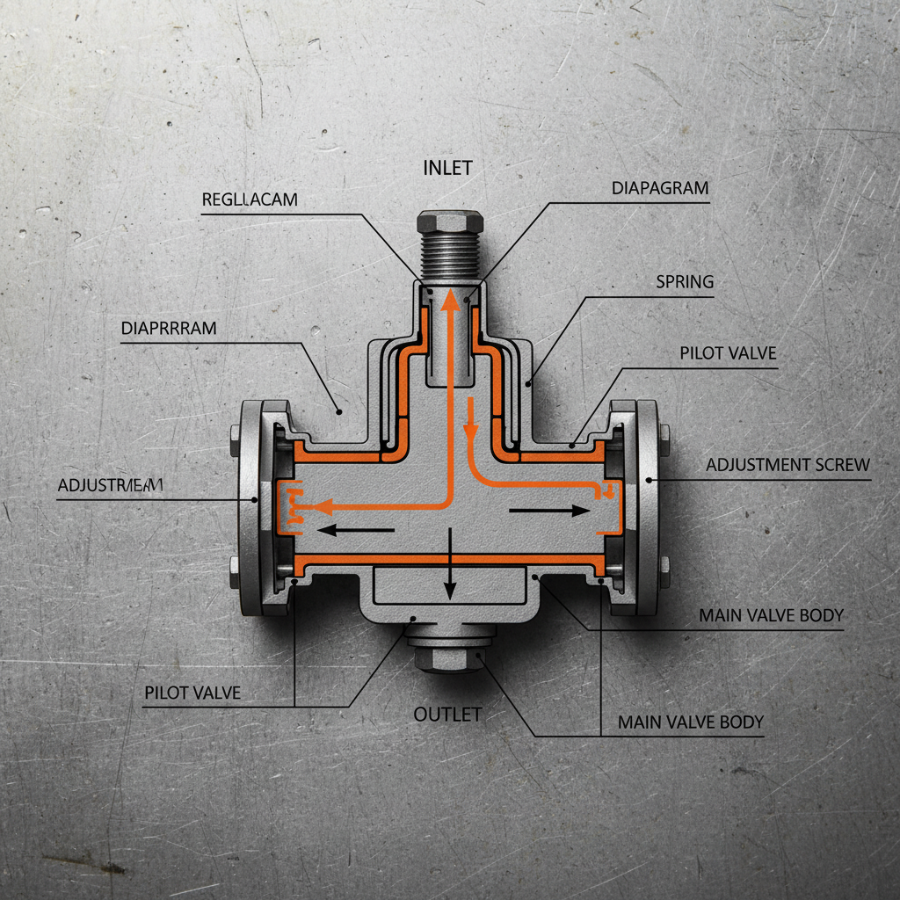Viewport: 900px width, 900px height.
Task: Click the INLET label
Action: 448,167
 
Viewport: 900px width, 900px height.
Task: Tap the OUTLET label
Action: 447,714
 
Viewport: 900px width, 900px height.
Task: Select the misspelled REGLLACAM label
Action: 250,200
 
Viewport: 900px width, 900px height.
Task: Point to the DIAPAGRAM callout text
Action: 659,188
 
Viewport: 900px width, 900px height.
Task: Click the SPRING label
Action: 685,282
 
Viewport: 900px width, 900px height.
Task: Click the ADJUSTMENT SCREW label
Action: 787,464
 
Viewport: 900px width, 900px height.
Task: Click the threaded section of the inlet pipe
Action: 448,255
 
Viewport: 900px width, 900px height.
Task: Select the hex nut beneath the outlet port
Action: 448,657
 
